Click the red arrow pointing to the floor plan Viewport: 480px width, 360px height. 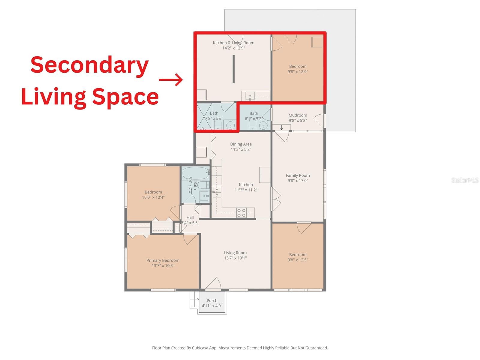tap(171, 80)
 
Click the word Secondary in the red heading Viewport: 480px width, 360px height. tap(89, 65)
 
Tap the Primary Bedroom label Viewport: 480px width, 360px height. tap(163, 260)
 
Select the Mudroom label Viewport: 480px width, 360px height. tap(298, 115)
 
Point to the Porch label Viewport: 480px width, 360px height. tap(212, 301)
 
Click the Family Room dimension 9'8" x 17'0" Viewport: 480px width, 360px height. tap(298, 181)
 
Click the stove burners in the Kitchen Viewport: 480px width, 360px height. tap(241, 213)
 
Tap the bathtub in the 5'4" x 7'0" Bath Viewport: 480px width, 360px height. tap(195, 173)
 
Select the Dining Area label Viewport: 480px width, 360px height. tap(241, 144)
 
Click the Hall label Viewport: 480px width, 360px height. tap(190, 217)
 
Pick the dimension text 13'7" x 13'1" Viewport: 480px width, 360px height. tap(235, 258)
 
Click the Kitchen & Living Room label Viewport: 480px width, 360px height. tap(233, 43)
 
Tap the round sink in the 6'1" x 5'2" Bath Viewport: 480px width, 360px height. tap(263, 126)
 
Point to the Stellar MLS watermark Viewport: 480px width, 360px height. tap(465, 180)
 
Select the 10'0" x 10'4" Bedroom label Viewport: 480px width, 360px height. tap(153, 192)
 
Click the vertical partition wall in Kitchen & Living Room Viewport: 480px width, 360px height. tap(233, 69)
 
